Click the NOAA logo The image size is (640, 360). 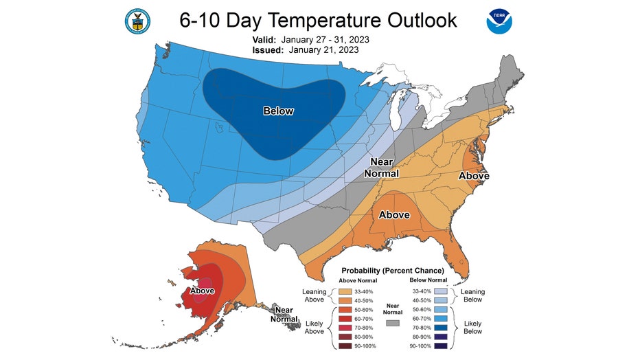click(x=499, y=21)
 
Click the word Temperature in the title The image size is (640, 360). click(x=323, y=20)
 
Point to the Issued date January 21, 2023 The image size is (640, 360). click(x=323, y=50)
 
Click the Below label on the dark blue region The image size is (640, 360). click(x=278, y=111)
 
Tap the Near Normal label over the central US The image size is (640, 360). click(x=381, y=168)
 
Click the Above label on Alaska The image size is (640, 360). click(x=202, y=291)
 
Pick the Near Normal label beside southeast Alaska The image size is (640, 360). click(x=282, y=314)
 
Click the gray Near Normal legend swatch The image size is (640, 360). click(x=393, y=322)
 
